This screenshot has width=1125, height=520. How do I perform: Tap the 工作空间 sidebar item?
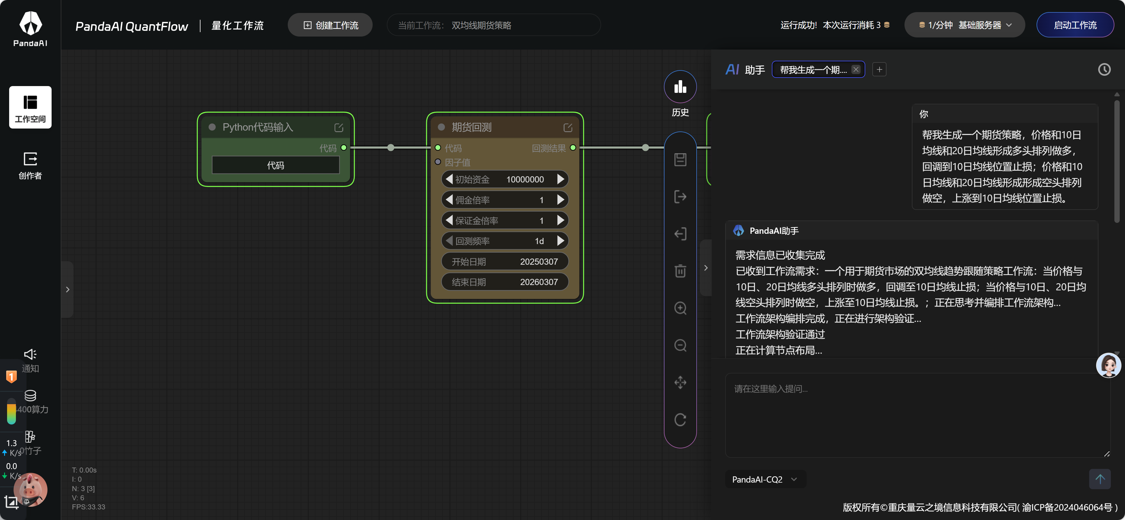[30, 107]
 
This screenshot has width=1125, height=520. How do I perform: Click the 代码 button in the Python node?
[276, 165]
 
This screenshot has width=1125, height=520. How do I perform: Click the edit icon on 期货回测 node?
[568, 127]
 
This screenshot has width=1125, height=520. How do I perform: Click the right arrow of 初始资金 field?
[561, 179]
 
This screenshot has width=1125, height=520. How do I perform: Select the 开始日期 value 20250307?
[539, 261]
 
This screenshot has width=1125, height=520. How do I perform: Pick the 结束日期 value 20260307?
[539, 282]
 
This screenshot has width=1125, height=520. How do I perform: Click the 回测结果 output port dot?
[573, 148]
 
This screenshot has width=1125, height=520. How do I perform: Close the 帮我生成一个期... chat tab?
[856, 69]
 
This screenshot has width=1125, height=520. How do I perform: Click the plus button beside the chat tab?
[879, 69]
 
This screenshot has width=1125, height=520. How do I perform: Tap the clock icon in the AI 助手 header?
[1104, 69]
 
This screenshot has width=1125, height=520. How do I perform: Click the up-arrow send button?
[1100, 479]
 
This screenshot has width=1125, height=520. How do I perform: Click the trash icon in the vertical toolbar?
[680, 271]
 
